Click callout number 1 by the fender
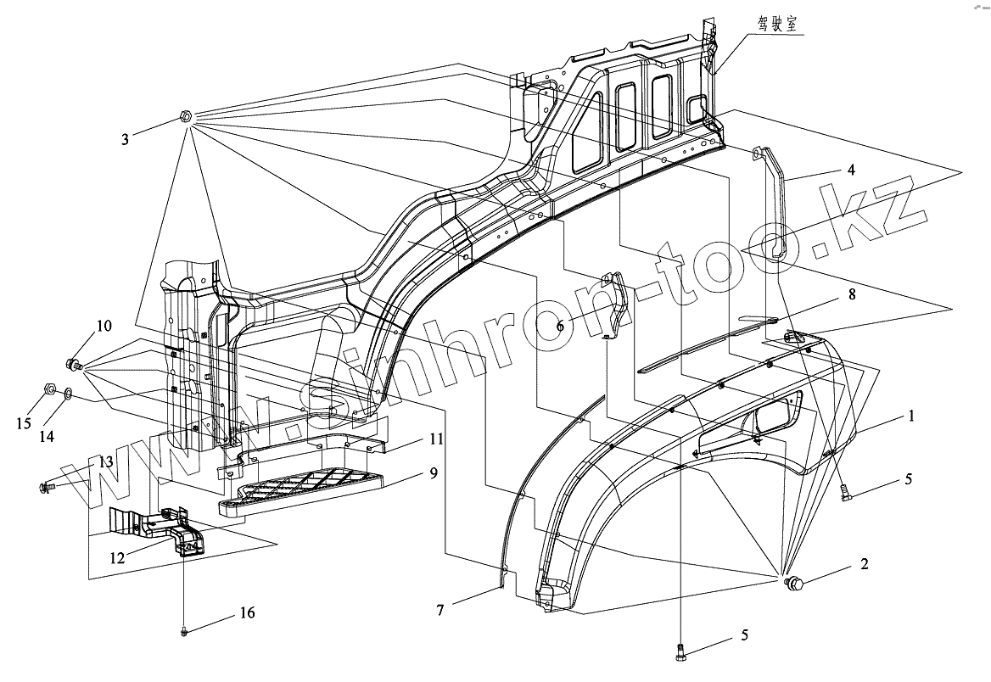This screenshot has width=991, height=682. [x=911, y=416]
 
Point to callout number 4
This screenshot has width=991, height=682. [x=851, y=169]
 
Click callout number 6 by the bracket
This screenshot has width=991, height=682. [x=561, y=325]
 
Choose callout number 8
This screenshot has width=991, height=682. [x=851, y=295]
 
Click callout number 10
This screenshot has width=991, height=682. [x=104, y=326]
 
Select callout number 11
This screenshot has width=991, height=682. [x=436, y=439]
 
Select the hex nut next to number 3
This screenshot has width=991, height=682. [x=187, y=116]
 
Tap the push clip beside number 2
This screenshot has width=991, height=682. [x=797, y=583]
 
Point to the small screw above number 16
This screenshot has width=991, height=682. [x=184, y=630]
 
